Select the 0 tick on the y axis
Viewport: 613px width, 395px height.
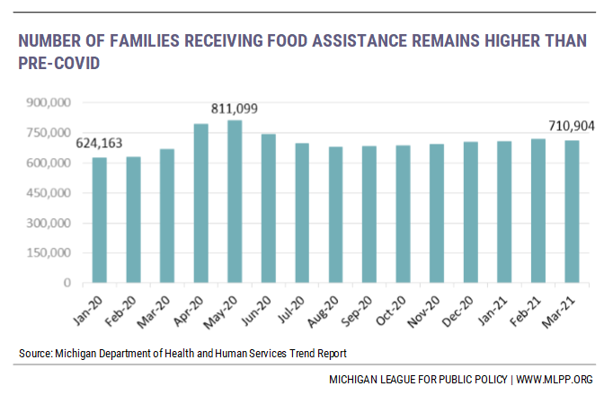[x=66, y=283]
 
